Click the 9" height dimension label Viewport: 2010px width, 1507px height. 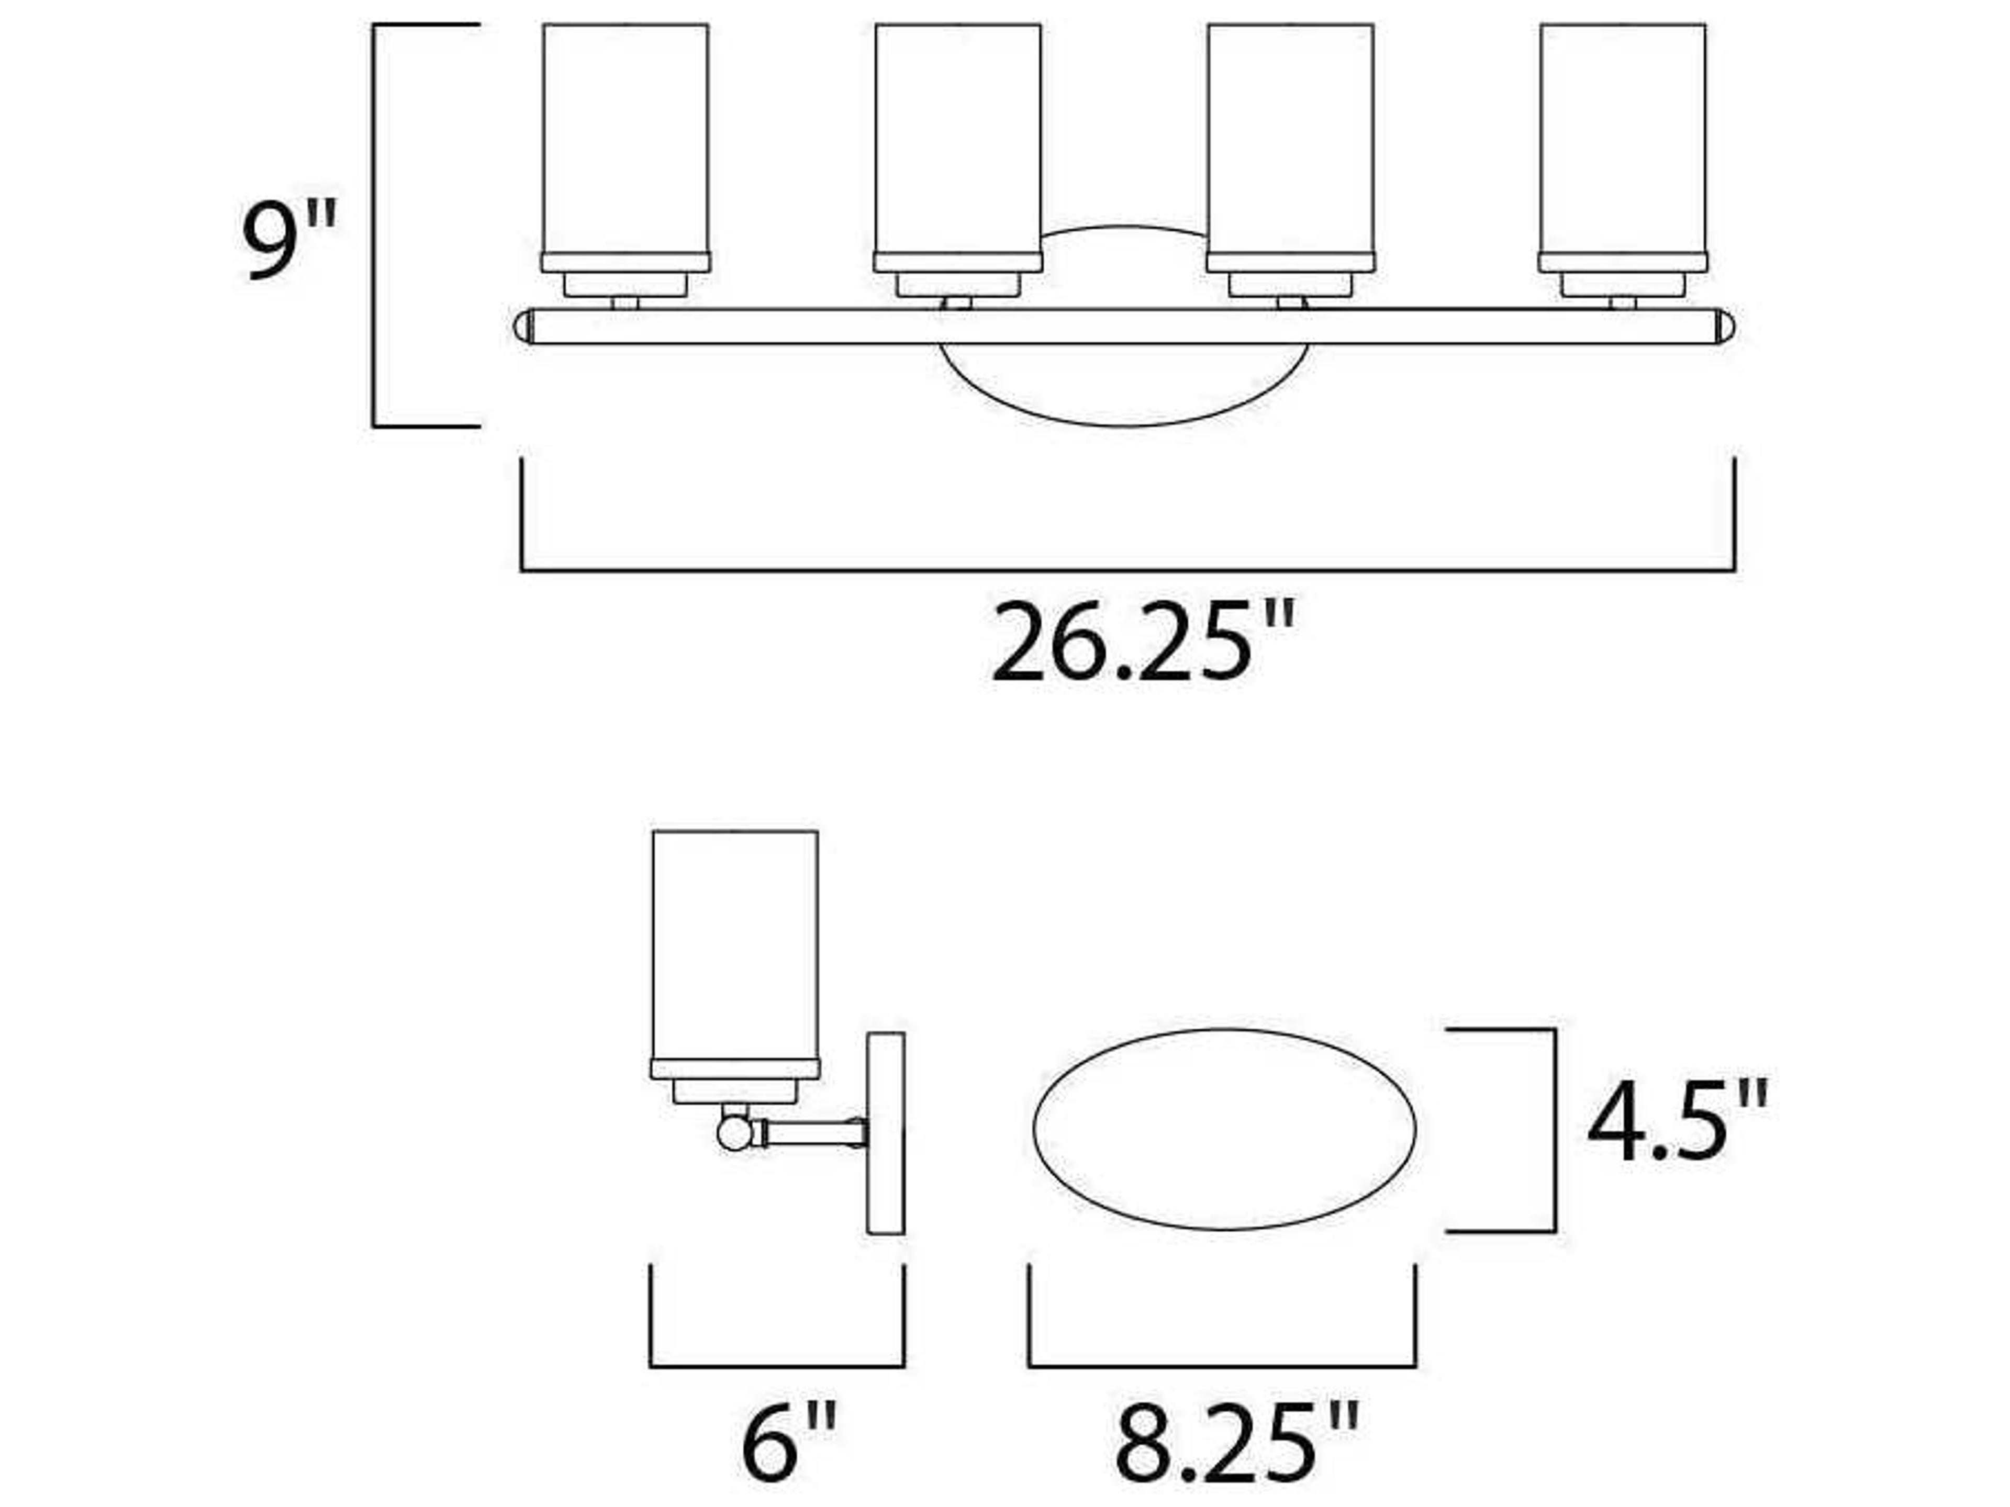click(289, 240)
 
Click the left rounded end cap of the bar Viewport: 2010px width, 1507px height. click(522, 326)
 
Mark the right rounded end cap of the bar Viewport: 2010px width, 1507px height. click(1725, 326)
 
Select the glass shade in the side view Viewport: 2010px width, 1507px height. click(734, 944)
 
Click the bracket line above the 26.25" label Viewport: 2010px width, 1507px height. click(1127, 570)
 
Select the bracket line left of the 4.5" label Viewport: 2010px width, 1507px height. click(1555, 1130)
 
